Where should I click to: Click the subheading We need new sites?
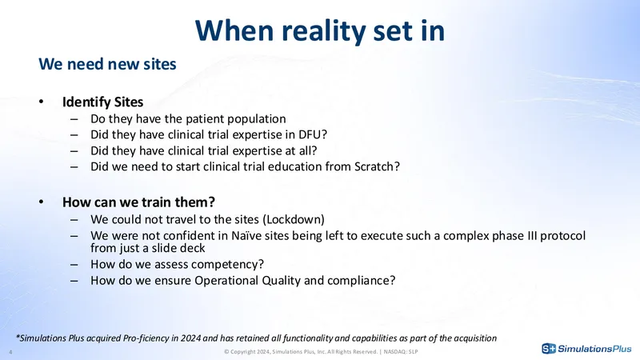tap(107, 64)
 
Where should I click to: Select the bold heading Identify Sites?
tap(102, 102)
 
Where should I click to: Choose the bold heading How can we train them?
tap(138, 202)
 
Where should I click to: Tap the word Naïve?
tap(245, 236)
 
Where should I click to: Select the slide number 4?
tap(10, 352)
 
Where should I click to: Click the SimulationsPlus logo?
tap(586, 349)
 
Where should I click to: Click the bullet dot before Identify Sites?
tap(42, 102)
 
